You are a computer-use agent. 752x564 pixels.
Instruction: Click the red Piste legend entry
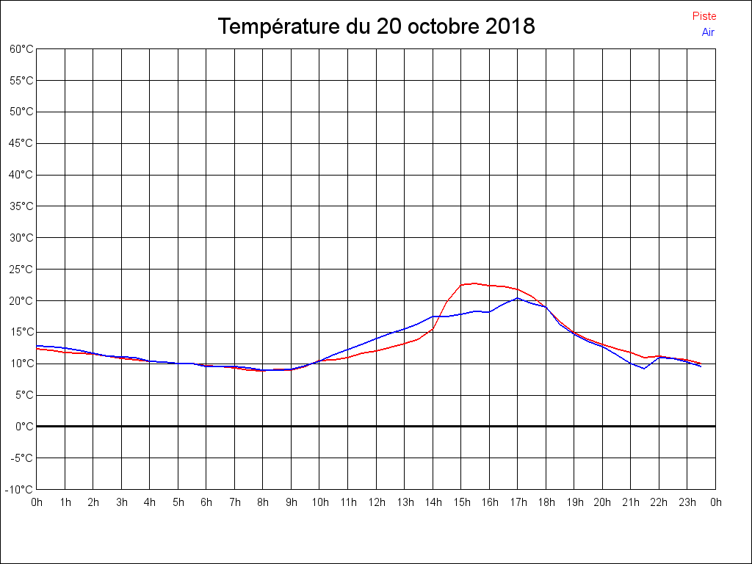point(704,16)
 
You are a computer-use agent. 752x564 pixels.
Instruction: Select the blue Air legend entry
point(708,32)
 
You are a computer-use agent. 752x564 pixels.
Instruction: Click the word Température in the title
point(281,27)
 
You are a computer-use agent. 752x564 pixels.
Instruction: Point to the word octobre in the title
point(440,27)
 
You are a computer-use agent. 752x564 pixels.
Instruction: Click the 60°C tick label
point(21,49)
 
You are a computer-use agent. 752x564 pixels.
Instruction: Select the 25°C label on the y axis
point(21,270)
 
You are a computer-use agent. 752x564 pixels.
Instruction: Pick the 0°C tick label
point(24,426)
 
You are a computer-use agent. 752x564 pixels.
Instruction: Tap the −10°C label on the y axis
point(20,489)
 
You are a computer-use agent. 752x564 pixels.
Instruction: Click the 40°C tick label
point(21,175)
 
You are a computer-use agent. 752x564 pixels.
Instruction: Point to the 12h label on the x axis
point(376,502)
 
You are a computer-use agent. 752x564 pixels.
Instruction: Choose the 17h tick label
point(518,502)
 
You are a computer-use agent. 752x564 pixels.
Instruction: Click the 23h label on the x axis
point(687,502)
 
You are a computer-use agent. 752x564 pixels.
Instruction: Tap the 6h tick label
point(206,502)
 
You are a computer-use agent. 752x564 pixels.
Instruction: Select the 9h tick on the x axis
point(292,502)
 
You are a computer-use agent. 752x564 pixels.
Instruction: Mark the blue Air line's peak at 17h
point(518,297)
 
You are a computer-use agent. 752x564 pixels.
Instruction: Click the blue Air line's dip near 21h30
point(644,368)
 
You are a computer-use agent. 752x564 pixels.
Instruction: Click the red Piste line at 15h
point(461,285)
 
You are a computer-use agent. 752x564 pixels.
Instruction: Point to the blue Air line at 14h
point(433,317)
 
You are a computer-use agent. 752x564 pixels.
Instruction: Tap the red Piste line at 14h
point(433,328)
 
